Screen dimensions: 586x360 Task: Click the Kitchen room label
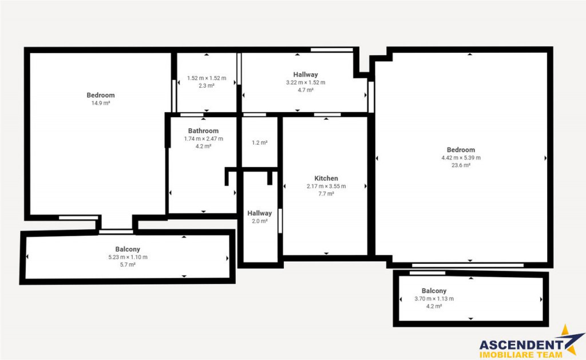(326, 179)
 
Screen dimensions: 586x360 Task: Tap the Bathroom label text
(203, 131)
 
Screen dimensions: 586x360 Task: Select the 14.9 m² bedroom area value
(101, 103)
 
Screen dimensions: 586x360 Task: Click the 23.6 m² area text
(461, 165)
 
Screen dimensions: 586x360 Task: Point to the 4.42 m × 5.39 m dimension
(461, 158)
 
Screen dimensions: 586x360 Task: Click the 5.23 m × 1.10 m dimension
(128, 257)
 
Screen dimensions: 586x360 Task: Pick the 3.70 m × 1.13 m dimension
(434, 299)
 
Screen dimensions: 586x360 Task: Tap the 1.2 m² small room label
(259, 143)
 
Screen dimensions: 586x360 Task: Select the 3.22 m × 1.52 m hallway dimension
(306, 82)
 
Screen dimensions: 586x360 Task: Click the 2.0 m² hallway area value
(259, 221)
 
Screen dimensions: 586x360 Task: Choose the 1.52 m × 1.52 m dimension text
(206, 78)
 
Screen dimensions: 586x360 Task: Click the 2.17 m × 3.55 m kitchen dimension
(326, 186)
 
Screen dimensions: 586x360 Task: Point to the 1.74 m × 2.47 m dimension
(203, 139)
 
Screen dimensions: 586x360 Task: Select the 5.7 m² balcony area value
(128, 264)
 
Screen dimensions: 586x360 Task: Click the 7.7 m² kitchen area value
(326, 193)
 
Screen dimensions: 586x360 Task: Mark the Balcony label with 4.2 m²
(434, 291)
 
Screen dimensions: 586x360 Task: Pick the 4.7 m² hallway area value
(306, 90)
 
